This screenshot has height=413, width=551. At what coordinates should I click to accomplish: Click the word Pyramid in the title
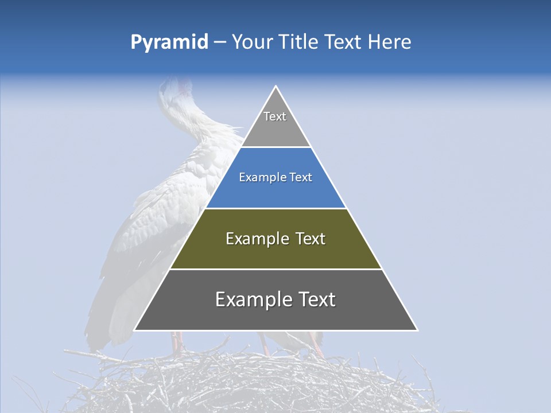169,42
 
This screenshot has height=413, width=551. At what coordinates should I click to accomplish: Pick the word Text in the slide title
344,42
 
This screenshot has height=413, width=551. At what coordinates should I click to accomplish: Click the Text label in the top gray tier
275,116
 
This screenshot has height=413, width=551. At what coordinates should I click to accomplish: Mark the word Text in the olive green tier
310,239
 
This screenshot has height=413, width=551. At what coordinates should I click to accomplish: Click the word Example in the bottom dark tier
250,299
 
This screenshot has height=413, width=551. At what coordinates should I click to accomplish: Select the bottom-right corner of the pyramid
417,330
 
